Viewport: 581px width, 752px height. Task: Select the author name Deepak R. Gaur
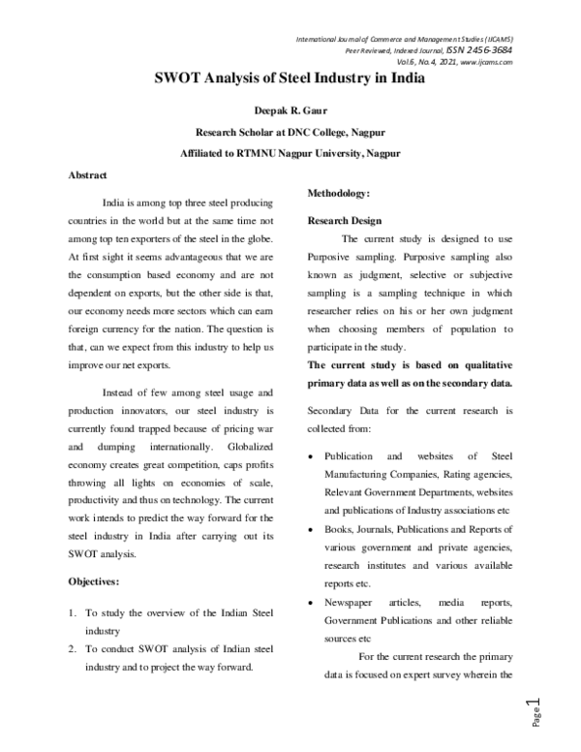[x=290, y=111]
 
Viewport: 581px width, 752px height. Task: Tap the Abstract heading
[x=87, y=174]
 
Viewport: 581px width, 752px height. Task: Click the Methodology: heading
[x=339, y=194]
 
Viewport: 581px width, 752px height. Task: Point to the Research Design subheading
[x=345, y=221]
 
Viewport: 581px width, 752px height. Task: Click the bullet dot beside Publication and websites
[x=309, y=455]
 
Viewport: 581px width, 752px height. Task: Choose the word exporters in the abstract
[x=152, y=229]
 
